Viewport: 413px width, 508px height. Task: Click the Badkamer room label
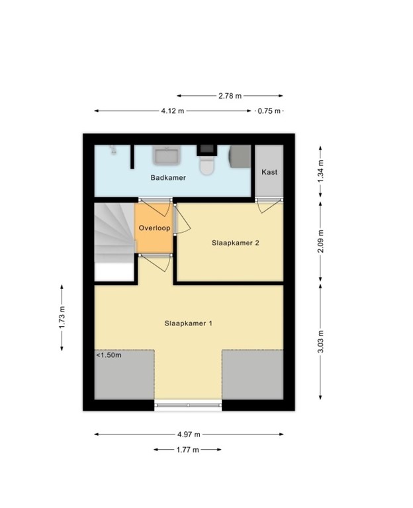[168, 178]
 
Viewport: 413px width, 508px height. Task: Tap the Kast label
[269, 172]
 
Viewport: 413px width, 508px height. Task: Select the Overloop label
[154, 228]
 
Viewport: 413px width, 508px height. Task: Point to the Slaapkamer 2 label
[235, 243]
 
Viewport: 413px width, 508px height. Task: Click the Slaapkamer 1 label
[189, 323]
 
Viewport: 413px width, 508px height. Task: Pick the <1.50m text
[109, 355]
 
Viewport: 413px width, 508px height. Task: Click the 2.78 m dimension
[230, 96]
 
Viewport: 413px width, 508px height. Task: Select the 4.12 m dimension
[173, 111]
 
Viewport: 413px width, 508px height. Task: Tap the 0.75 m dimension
[269, 111]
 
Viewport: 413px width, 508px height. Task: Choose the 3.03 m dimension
[320, 342]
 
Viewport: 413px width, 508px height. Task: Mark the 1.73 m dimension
[62, 318]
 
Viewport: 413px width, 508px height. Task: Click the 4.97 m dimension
[189, 435]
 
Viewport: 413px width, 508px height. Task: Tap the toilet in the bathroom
[206, 165]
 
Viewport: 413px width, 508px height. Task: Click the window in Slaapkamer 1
[188, 404]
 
